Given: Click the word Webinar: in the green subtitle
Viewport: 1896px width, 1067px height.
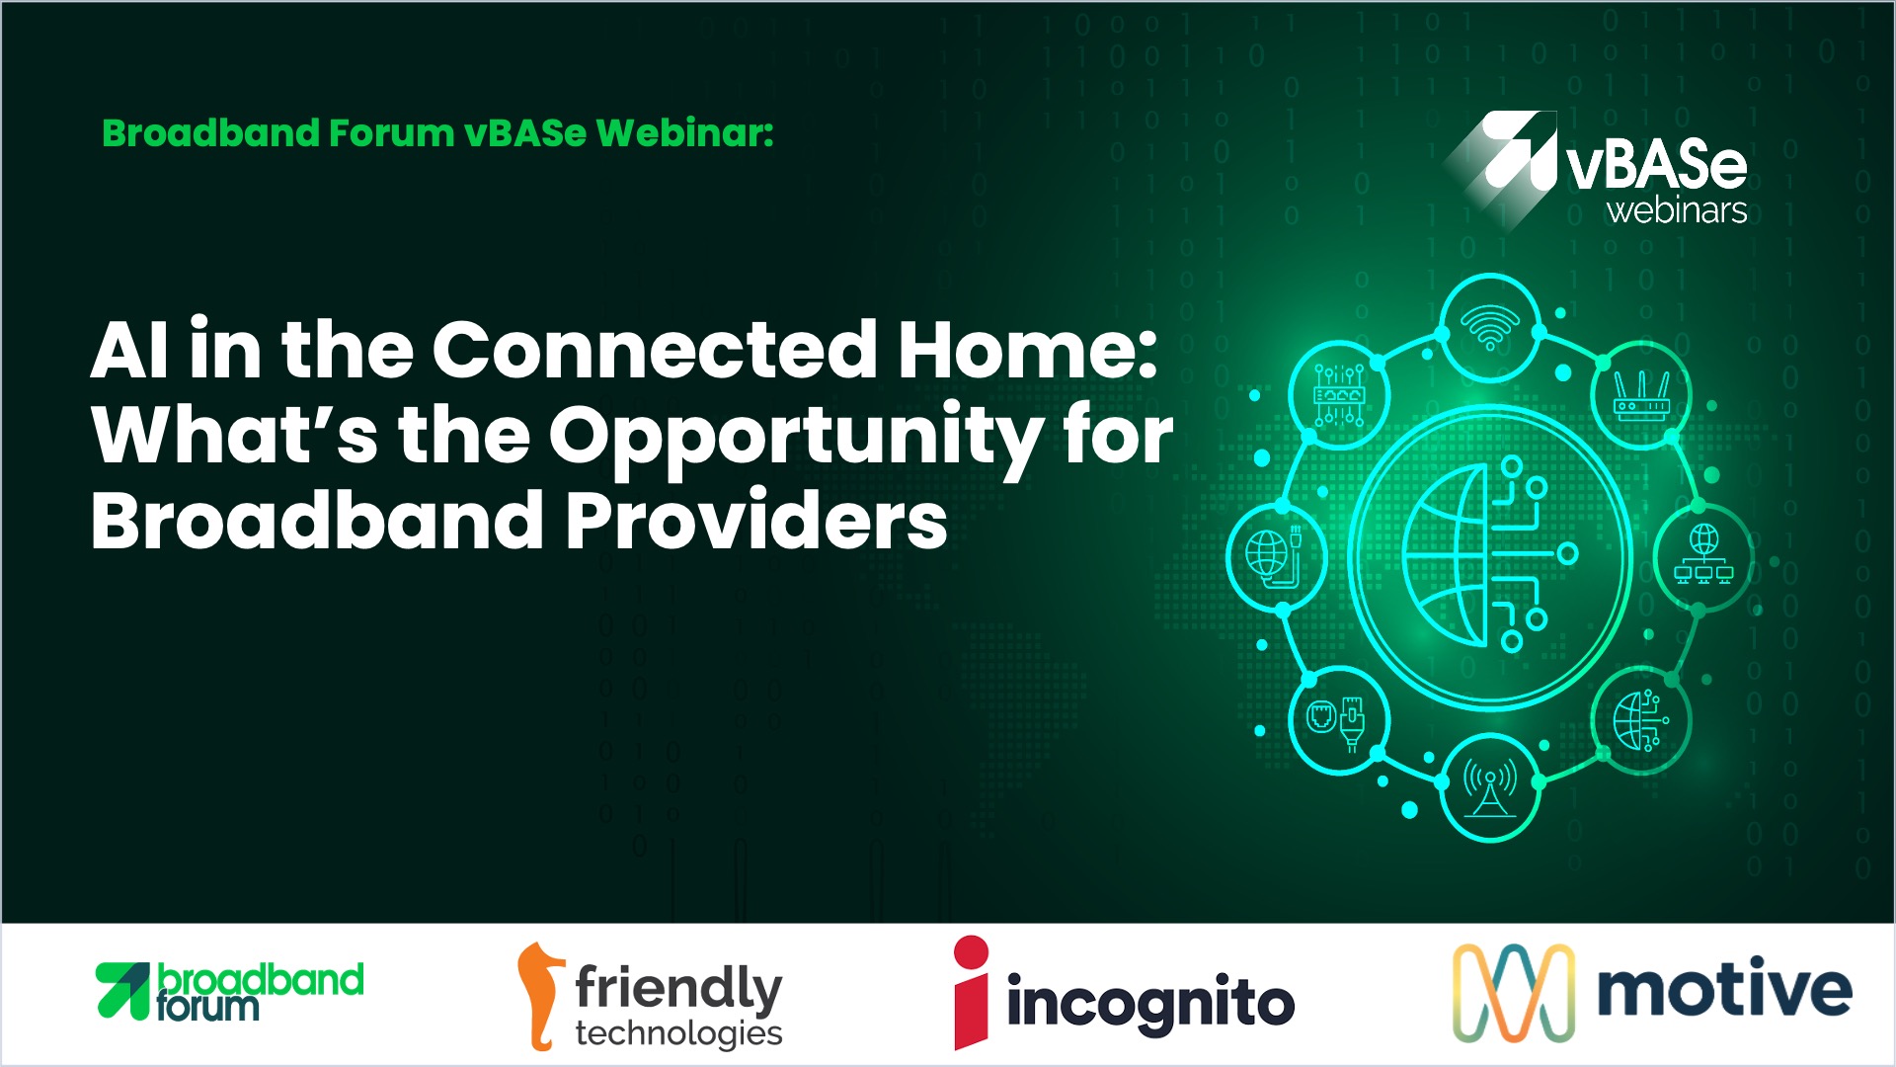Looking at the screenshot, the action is [685, 133].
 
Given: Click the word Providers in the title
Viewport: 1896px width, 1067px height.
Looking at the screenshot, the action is [755, 521].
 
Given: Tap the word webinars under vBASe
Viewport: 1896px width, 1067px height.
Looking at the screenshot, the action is [1677, 210].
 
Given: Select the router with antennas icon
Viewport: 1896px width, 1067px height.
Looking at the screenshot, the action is [1640, 396].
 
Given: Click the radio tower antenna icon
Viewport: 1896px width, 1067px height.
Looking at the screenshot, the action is [1490, 787].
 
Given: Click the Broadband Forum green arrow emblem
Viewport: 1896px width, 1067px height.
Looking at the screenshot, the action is [123, 990].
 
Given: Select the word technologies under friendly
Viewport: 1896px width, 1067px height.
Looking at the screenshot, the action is [678, 1033].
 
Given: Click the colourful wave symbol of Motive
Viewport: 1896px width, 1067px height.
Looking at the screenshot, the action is [1514, 993].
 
